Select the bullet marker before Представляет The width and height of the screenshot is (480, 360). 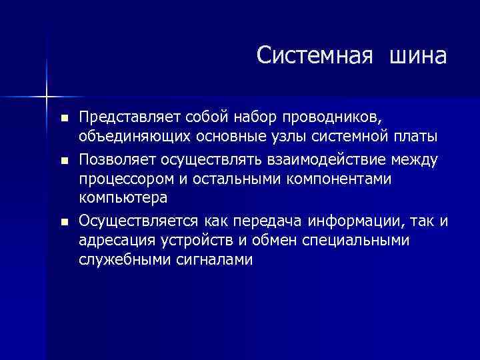[x=64, y=118]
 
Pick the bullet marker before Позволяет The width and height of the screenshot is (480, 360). [x=64, y=160]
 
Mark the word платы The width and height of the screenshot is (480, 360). [x=414, y=137]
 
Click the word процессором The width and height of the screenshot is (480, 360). [x=125, y=179]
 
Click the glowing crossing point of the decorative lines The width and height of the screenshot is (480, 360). [x=47, y=96]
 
